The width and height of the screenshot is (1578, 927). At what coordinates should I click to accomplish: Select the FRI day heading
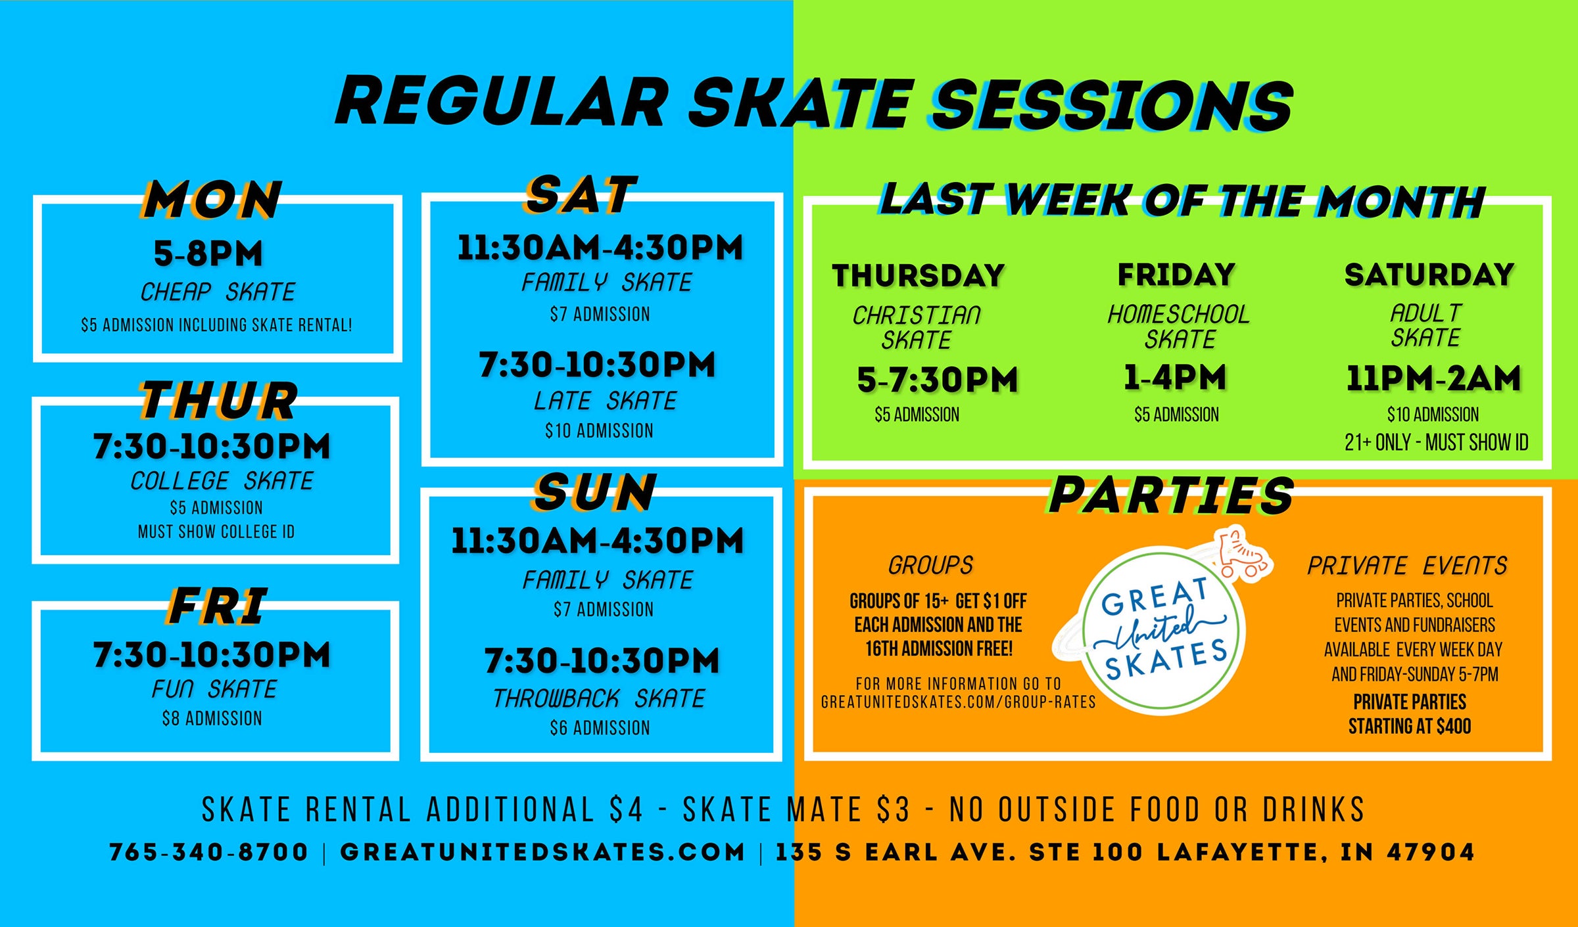click(218, 606)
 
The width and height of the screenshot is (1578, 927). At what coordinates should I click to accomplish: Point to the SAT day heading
click(581, 194)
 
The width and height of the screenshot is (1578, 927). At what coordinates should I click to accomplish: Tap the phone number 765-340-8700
click(208, 852)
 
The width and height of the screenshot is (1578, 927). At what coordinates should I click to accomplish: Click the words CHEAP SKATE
click(218, 292)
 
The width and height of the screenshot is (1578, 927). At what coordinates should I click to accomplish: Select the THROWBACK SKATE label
click(599, 698)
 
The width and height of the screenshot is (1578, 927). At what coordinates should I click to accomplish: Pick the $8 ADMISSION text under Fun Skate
click(212, 718)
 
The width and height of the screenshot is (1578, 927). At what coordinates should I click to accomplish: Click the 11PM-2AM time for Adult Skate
click(1433, 378)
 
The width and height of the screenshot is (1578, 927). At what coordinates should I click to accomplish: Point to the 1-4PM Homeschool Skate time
click(1175, 378)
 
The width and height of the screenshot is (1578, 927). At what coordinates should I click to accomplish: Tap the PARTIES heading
click(1171, 495)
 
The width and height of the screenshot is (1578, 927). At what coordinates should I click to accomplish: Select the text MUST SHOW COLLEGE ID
click(216, 531)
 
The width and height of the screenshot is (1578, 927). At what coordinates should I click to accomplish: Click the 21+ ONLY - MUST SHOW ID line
click(1436, 443)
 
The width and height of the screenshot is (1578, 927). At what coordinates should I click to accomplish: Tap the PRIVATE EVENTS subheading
click(1407, 566)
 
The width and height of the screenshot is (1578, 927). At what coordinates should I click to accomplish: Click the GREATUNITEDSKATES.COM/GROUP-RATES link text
click(958, 702)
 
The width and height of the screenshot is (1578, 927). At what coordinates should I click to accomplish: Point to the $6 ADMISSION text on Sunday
click(600, 728)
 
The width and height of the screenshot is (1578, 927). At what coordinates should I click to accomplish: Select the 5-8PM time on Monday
click(208, 254)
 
